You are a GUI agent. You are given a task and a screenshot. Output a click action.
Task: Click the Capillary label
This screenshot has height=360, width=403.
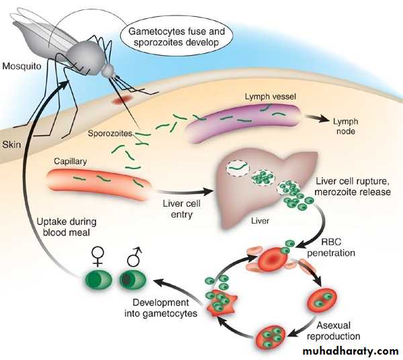(71, 161)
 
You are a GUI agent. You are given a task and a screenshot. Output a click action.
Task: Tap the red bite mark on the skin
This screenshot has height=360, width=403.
(123, 99)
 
